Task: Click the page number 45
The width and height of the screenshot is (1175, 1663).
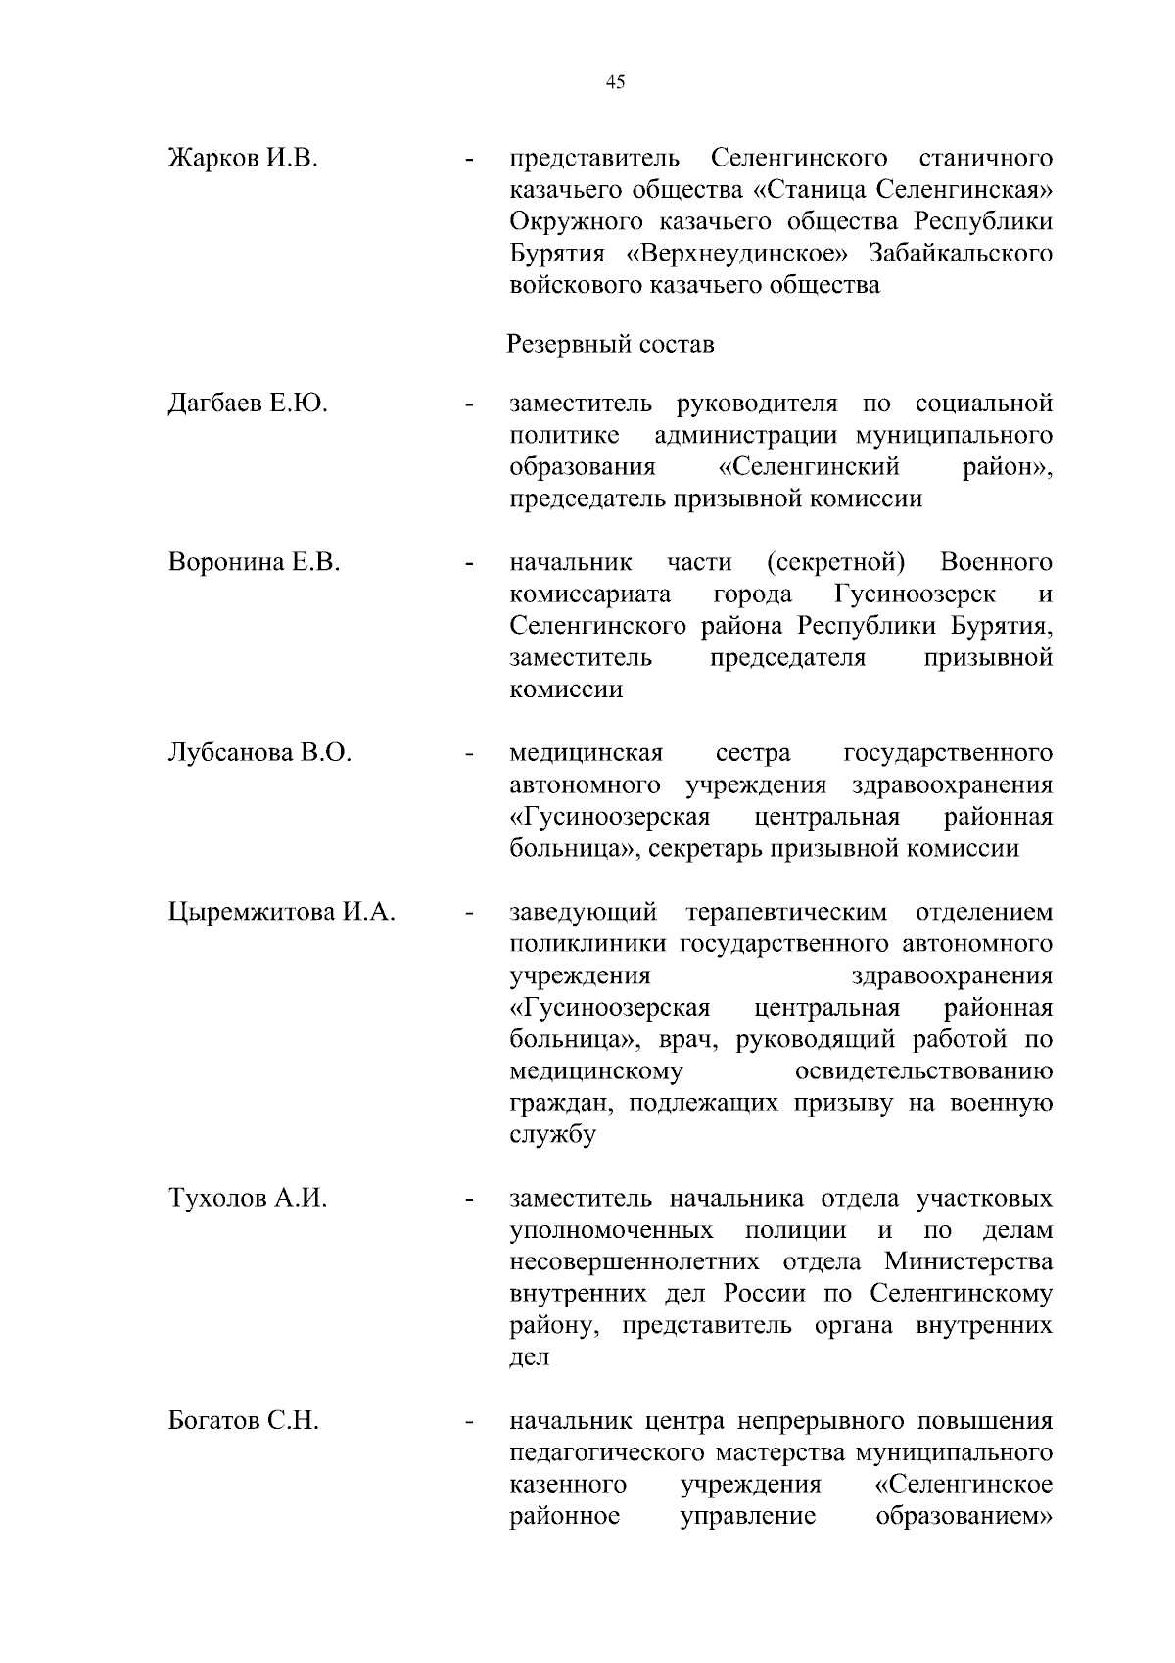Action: (x=615, y=82)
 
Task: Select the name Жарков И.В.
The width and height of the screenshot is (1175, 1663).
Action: (x=243, y=158)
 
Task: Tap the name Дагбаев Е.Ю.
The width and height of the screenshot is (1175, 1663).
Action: (x=248, y=404)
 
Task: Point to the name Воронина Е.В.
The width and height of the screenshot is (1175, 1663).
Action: (x=254, y=562)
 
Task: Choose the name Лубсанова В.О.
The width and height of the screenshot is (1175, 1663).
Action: (x=259, y=753)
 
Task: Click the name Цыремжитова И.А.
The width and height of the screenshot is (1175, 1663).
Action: (x=282, y=913)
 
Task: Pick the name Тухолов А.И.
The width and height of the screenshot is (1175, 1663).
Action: (x=248, y=1199)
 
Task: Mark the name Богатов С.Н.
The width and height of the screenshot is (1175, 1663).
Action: (x=244, y=1421)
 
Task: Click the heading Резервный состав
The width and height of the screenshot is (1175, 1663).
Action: (x=611, y=345)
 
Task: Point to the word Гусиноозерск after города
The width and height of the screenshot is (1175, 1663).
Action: (x=916, y=594)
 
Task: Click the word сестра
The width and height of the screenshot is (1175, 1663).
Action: (x=752, y=753)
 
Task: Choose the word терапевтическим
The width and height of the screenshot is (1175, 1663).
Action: (x=785, y=913)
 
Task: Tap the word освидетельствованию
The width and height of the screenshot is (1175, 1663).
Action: (x=924, y=1071)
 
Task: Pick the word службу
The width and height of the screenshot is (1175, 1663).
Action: (x=552, y=1136)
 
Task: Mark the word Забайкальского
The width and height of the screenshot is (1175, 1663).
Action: (x=961, y=254)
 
